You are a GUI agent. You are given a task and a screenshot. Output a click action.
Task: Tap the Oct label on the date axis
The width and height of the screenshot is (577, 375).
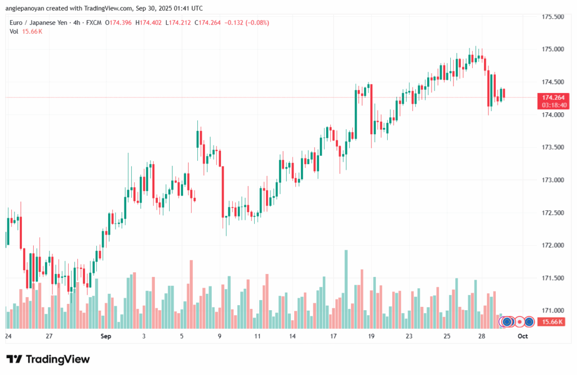tap(522, 336)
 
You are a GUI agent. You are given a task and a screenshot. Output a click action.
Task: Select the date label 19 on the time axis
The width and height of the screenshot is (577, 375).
tap(371, 336)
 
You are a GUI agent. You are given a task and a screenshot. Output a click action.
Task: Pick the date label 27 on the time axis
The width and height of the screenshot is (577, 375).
tap(50, 336)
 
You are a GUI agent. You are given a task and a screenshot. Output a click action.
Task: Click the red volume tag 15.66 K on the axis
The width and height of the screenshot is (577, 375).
tap(553, 321)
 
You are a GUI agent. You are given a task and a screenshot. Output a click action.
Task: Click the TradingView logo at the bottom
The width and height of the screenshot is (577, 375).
tap(48, 359)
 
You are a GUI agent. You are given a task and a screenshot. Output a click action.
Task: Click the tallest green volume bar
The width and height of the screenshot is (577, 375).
tap(346, 289)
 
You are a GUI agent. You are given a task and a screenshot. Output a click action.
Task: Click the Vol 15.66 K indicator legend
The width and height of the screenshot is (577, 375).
tap(26, 31)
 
